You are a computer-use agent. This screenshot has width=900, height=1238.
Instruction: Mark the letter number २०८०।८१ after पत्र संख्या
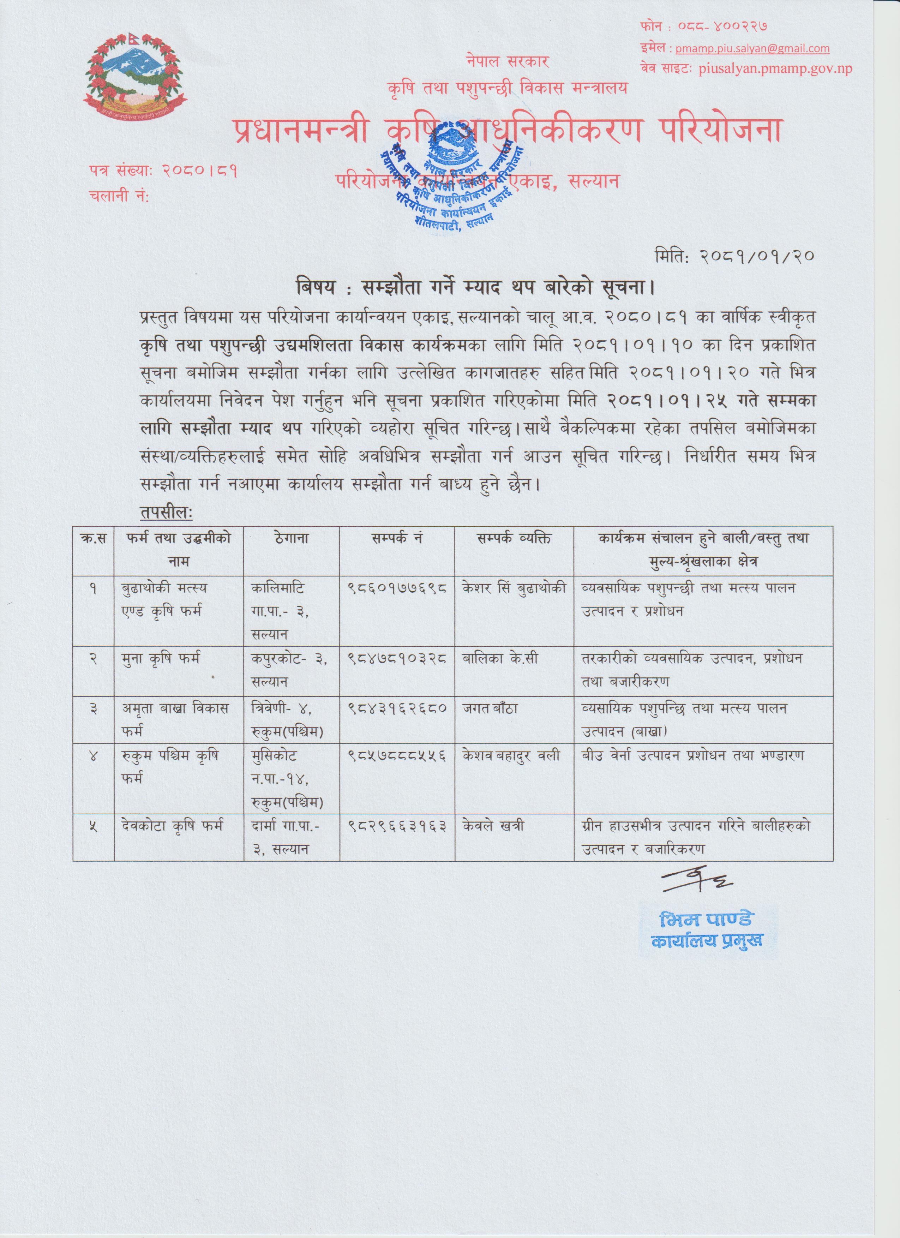click(199, 172)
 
